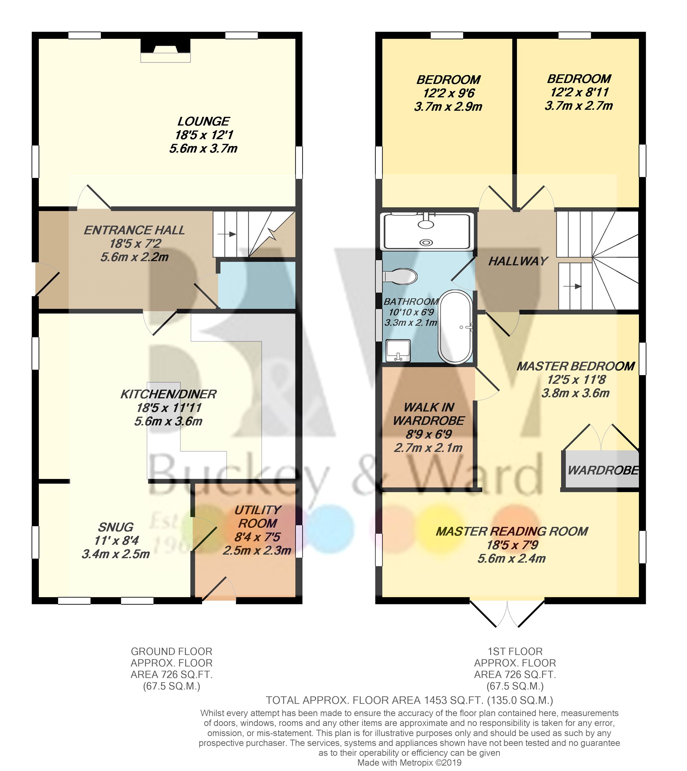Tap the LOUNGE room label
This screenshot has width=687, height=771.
coord(203,121)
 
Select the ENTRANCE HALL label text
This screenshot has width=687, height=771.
coord(134,230)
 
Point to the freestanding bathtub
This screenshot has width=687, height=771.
coord(455,327)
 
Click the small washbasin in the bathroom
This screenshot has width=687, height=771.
coord(398,350)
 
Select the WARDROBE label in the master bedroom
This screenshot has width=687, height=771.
coord(603,470)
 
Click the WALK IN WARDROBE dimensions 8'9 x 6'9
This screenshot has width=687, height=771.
coord(429,434)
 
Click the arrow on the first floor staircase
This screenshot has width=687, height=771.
coord(572,286)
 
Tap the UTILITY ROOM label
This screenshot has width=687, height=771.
coord(258,516)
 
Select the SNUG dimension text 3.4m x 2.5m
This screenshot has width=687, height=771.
coord(116,554)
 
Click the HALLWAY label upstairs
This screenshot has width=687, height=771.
coord(518,261)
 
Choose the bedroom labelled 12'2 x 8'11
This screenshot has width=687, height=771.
coord(579,92)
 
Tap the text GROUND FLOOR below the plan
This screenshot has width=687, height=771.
coord(171,651)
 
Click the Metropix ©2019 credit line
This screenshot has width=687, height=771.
coord(409,762)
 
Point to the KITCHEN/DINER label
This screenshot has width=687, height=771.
coord(168,394)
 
